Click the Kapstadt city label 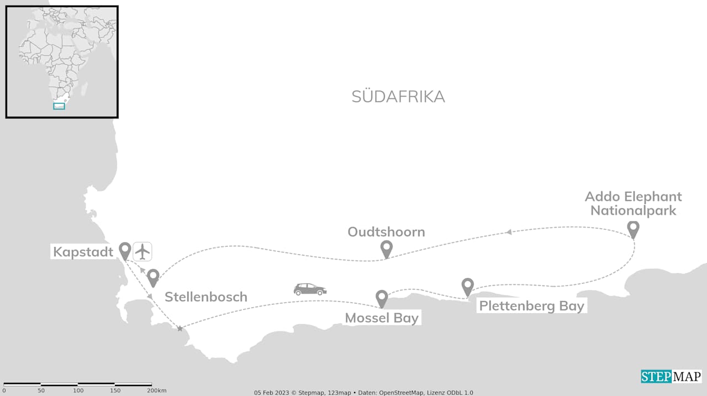pos(83,252)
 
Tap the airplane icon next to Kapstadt pos(143,251)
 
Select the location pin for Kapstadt pos(125,251)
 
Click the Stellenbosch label pos(205,297)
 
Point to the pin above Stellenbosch pos(153,277)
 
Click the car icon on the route pos(310,289)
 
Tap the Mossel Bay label pos(382,319)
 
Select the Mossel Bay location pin pos(382,298)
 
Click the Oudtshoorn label pos(386,232)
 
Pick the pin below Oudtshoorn pos(387,249)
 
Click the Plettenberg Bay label pos(531,306)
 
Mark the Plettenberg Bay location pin pos(468,287)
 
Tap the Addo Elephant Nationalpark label pos(633,203)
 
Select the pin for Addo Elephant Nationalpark pos(634,229)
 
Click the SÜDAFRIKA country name pos(398,97)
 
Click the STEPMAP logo pos(671,377)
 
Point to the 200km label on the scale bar pos(156,390)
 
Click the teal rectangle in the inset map pos(59,106)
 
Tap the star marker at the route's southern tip pos(180,329)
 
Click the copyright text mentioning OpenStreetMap pos(363,393)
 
